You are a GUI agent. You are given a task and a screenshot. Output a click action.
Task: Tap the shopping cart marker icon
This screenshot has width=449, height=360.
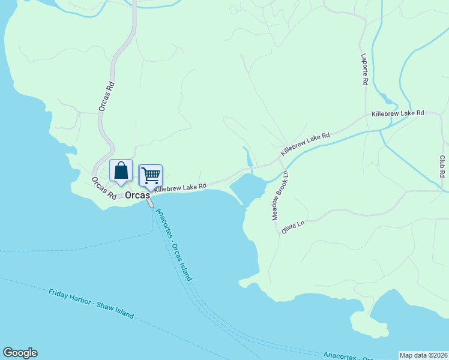151,176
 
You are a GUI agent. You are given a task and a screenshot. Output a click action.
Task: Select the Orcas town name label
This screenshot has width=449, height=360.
137,196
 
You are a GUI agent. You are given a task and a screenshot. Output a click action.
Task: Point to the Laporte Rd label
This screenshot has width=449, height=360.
364,70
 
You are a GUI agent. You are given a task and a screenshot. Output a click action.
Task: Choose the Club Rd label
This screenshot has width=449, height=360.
442,166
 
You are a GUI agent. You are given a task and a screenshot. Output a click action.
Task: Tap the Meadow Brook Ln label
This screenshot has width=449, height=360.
280,195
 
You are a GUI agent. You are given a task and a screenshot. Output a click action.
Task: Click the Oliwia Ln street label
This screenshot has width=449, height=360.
294,227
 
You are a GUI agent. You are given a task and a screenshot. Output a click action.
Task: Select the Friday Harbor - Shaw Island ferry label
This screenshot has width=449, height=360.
91,304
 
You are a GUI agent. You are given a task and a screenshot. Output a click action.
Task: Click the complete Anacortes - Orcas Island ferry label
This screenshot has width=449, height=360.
174,245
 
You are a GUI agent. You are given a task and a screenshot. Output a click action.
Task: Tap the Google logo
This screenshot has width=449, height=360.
20,353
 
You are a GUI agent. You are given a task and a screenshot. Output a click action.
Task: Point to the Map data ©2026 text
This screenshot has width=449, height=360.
423,355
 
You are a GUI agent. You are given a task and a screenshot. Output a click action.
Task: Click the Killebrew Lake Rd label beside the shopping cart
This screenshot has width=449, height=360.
180,187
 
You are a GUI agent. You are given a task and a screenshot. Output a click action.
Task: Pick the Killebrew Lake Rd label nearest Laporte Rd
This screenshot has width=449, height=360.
397,113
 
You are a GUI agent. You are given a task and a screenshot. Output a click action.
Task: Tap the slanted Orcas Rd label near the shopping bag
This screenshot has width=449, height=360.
104,188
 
